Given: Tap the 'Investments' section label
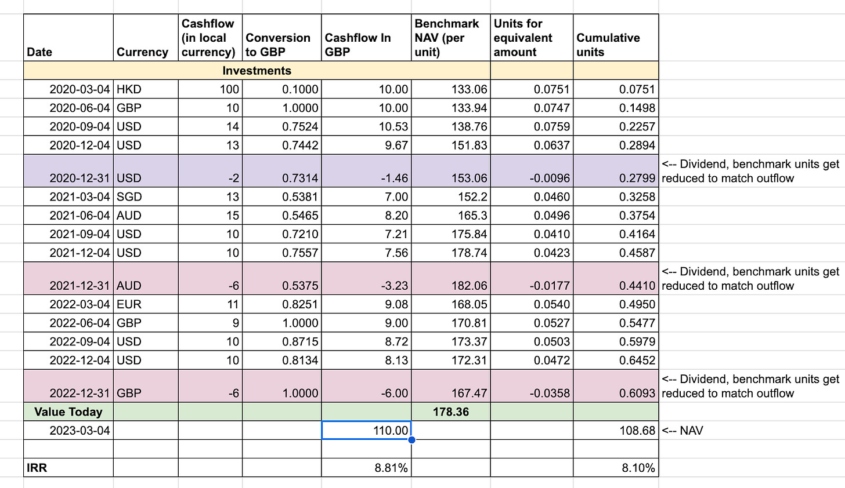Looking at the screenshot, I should tap(257, 71).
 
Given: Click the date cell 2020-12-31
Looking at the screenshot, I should tap(80, 178).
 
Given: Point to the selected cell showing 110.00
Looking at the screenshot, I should tap(366, 431).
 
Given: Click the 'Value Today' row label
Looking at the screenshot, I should tap(68, 412).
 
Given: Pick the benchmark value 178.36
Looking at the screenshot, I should tap(451, 412).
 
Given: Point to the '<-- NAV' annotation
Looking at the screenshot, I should tap(682, 431).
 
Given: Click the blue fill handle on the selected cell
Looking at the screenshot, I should tap(411, 440).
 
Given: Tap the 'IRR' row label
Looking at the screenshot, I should tap(37, 468).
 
